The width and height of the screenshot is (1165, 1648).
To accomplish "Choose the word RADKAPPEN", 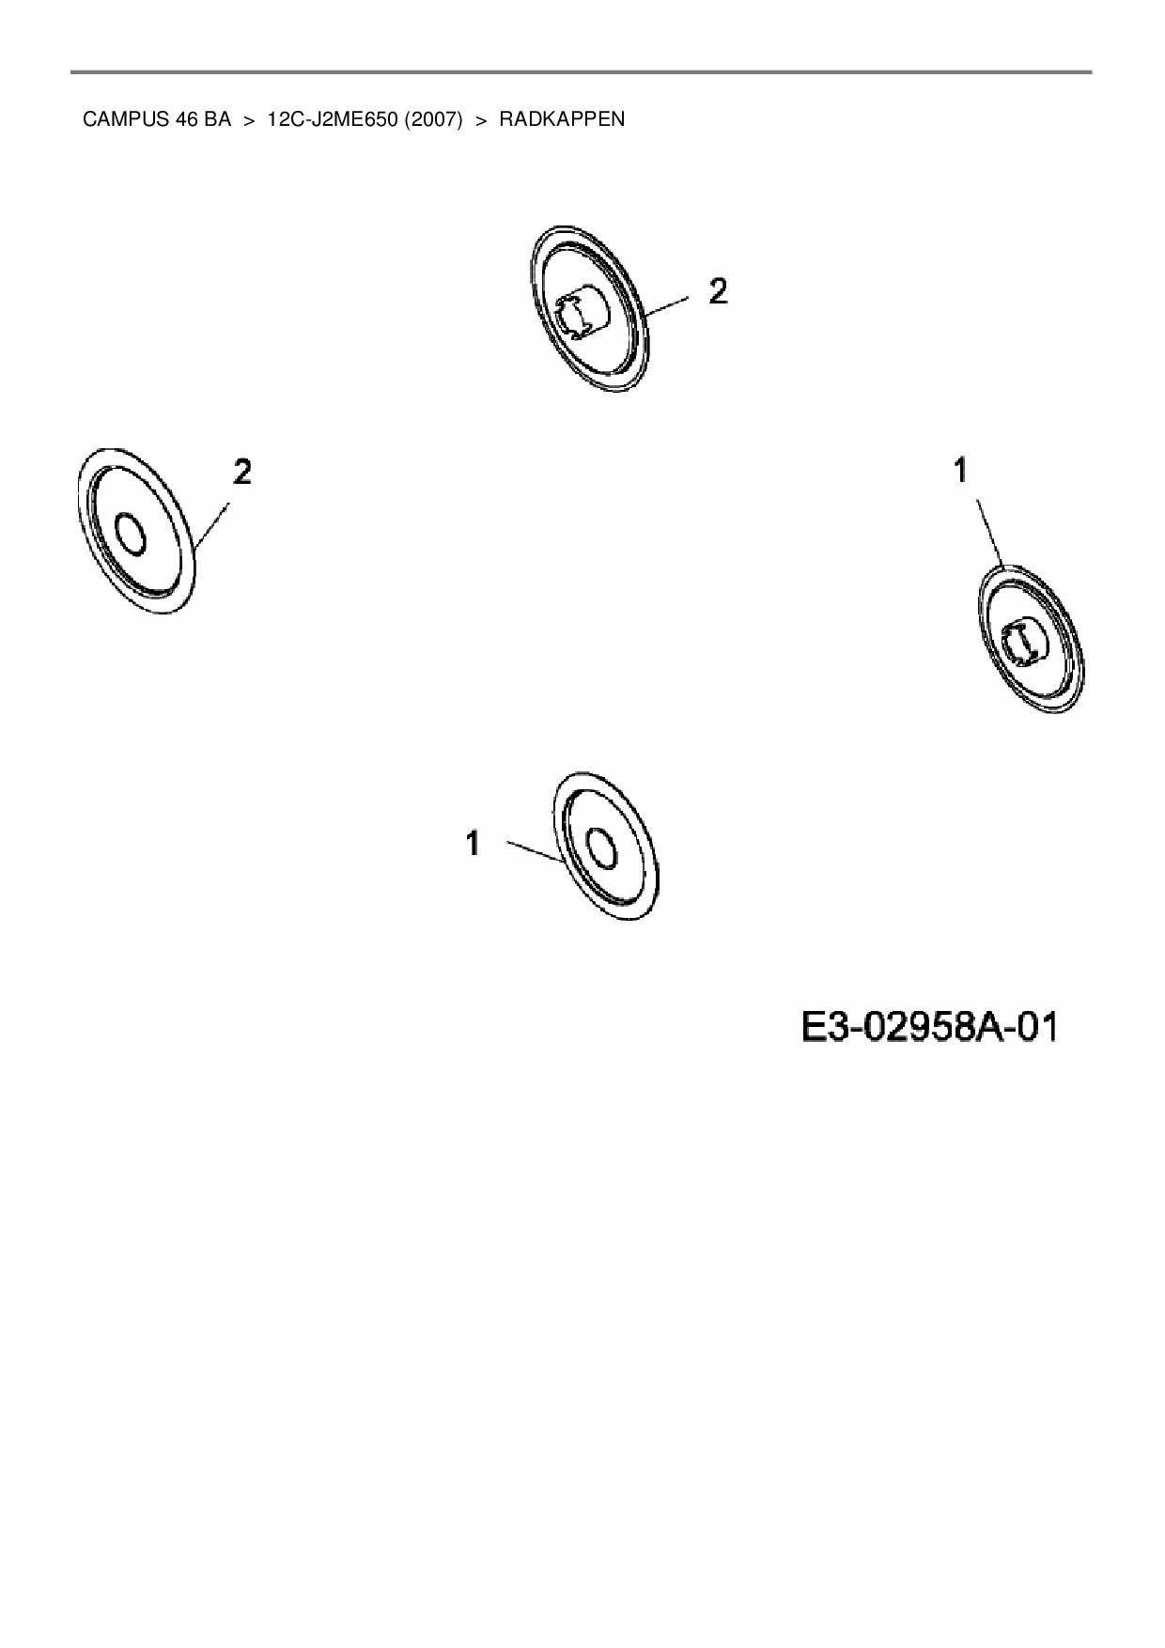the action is pyautogui.click(x=562, y=120).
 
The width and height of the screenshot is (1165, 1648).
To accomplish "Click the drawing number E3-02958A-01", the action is pyautogui.click(x=929, y=1027).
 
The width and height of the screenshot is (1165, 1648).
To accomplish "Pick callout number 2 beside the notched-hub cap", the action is pyautogui.click(x=717, y=292).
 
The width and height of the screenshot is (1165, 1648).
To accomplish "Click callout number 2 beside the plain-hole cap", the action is pyautogui.click(x=242, y=472).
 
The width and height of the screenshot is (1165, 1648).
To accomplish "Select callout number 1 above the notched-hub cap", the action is pyautogui.click(x=960, y=470).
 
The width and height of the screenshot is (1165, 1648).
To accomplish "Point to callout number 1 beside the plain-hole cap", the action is pyautogui.click(x=473, y=844).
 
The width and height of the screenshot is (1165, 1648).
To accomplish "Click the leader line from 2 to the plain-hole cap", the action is pyautogui.click(x=212, y=526).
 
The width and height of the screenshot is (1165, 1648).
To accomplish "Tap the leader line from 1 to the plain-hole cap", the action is pyautogui.click(x=534, y=850).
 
